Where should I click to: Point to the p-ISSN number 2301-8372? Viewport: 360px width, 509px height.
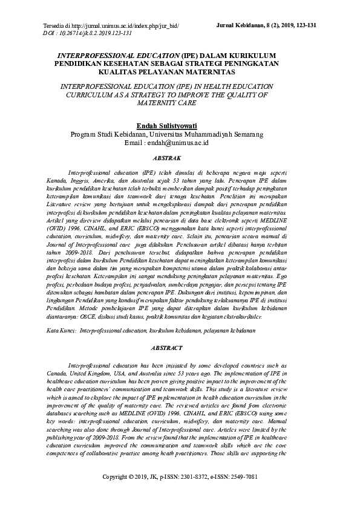point(215,492)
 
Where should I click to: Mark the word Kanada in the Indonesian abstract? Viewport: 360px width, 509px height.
point(57,180)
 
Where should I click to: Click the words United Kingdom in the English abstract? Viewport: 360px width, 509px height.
point(89,373)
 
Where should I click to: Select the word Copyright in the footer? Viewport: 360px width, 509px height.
point(120,492)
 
